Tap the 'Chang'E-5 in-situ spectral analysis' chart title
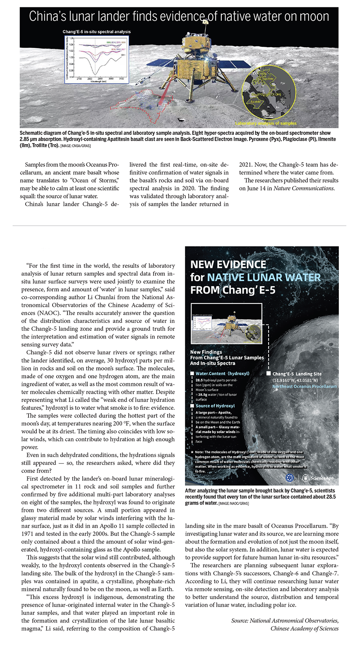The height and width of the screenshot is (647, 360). tap(96, 31)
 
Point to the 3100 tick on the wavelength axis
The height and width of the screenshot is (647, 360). tap(121, 78)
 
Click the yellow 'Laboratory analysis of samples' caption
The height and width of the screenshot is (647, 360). tap(266, 123)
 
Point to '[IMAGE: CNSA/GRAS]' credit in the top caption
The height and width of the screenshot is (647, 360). tap(75, 146)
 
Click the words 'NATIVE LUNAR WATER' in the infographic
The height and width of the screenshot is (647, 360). tap(264, 277)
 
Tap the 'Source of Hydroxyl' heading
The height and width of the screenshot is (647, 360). tap(215, 406)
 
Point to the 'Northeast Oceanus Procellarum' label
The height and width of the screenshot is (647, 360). tap(304, 386)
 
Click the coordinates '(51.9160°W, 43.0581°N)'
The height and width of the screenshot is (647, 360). tap(295, 380)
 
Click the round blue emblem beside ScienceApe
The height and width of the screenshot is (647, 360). tap(291, 478)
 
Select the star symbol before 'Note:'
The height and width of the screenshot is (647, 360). tap(192, 452)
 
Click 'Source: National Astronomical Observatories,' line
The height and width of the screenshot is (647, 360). tap(285, 621)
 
